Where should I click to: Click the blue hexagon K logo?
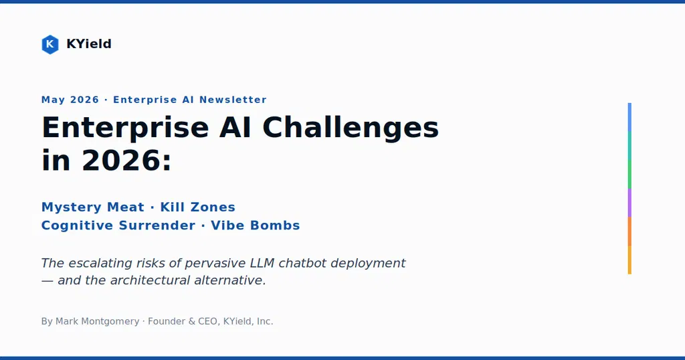tap(50, 44)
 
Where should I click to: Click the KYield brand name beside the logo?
tap(89, 43)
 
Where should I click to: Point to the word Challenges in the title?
tap(351, 128)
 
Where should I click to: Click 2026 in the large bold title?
tap(122, 161)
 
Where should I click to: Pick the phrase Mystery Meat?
tap(92, 207)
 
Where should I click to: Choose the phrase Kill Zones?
tap(197, 207)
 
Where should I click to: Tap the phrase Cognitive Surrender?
tap(118, 226)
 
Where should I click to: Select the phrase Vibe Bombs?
tap(255, 226)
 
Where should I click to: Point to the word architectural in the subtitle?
tap(150, 280)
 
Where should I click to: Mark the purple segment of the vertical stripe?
tap(629, 203)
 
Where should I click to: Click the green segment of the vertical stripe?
tap(629, 175)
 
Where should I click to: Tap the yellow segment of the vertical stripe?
tap(629, 260)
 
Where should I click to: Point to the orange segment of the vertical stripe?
tap(629, 231)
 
